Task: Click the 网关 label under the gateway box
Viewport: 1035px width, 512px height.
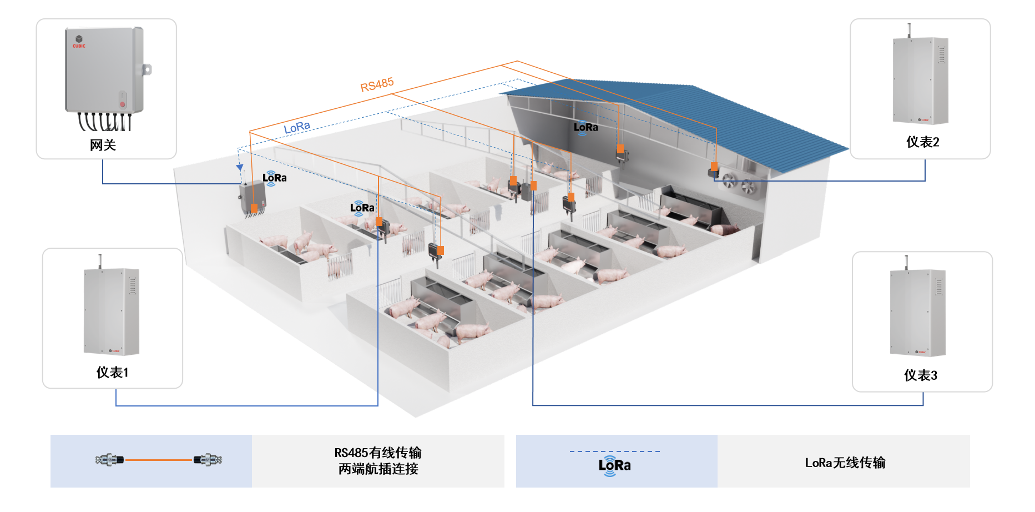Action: (x=103, y=145)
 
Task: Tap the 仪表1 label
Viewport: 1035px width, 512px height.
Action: (x=113, y=373)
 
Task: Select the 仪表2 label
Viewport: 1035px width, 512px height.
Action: (x=922, y=142)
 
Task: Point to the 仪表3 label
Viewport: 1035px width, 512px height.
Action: (x=920, y=375)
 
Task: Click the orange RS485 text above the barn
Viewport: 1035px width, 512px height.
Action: (x=377, y=85)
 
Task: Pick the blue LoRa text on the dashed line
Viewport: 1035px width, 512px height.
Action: (x=297, y=128)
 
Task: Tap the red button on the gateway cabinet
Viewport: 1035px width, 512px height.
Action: (x=122, y=104)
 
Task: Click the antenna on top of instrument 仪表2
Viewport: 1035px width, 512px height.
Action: (x=908, y=30)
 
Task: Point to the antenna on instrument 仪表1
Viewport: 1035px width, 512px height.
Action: (x=100, y=261)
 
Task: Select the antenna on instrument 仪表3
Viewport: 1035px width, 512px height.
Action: (x=906, y=262)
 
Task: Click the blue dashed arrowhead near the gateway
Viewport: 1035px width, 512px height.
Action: (x=240, y=167)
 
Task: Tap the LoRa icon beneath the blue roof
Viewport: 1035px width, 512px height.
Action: (x=585, y=128)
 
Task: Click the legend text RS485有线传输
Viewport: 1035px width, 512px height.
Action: (x=378, y=453)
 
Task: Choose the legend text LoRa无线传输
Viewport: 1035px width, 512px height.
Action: (x=845, y=463)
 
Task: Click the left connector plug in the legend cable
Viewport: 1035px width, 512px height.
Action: (x=109, y=460)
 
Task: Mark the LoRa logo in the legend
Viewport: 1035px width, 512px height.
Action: (x=614, y=465)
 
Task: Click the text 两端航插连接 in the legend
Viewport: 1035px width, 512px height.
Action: (x=378, y=469)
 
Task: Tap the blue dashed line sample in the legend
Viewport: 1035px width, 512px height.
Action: (x=614, y=451)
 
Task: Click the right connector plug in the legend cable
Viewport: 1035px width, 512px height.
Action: (x=208, y=460)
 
